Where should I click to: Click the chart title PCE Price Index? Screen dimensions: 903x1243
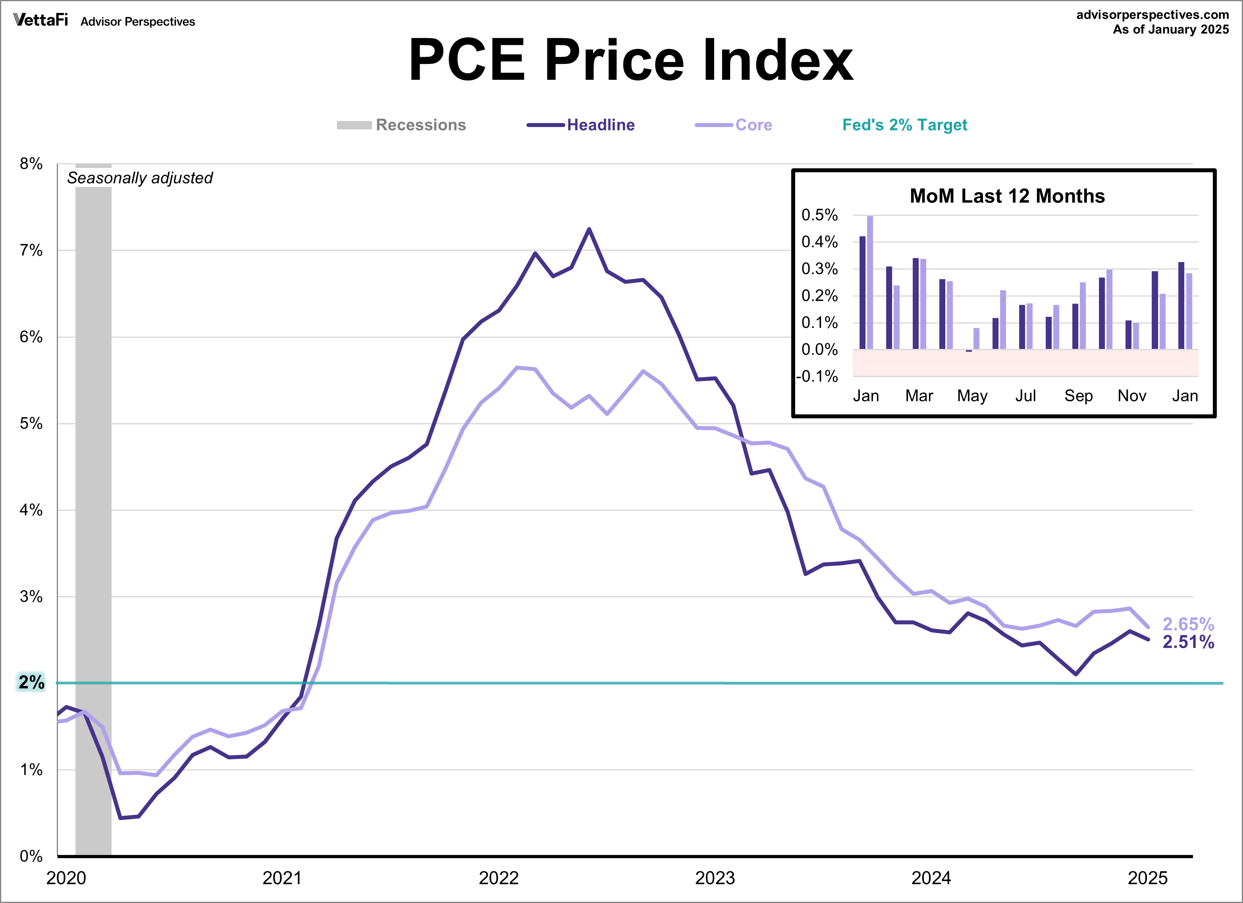(630, 60)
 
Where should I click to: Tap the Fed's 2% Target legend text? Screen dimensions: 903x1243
(904, 125)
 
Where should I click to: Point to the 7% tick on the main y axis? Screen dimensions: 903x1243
(31, 250)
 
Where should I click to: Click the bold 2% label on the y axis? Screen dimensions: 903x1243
(31, 682)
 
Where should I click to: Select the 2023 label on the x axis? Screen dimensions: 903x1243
(715, 878)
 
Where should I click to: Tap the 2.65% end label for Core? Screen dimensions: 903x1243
(1188, 624)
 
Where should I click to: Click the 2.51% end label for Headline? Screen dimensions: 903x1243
(1188, 642)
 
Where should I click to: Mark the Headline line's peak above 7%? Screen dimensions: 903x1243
(589, 229)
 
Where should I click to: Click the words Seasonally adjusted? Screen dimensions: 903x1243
(140, 178)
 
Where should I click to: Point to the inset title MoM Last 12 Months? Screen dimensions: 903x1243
(1007, 196)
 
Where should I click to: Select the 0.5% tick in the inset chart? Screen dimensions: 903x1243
(819, 215)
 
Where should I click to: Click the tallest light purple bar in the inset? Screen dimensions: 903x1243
(870, 282)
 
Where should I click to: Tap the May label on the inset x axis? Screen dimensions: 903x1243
(972, 396)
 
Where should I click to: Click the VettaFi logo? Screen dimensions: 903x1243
(40, 20)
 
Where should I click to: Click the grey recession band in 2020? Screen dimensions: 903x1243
(93, 493)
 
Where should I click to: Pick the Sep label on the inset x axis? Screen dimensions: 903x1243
(1078, 396)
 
